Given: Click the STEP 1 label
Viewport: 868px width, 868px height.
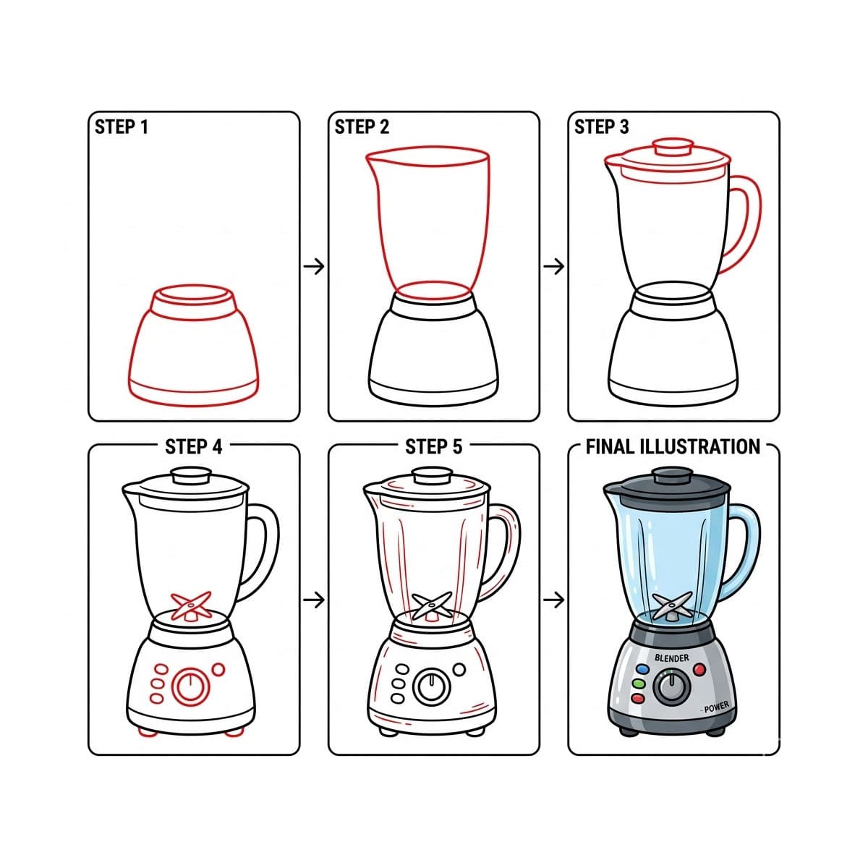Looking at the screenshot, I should pos(122,127).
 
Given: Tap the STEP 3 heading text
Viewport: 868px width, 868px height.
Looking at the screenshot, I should pos(601,127).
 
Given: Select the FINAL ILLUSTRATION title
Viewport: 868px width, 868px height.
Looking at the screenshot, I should pos(673,447).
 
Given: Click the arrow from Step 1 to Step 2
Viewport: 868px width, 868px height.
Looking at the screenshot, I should pos(314,267).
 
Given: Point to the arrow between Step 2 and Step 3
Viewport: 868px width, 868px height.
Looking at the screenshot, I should pos(553,267).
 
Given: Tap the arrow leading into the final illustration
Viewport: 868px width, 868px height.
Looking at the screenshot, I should pos(553,600).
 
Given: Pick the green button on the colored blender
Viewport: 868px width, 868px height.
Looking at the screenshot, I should pos(639,684).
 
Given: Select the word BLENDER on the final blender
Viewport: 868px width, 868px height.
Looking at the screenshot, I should pos(671,658).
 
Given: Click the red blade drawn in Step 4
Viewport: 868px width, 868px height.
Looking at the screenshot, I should pos(191,605).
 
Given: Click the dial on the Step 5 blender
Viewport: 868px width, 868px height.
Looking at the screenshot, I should pos(432,686).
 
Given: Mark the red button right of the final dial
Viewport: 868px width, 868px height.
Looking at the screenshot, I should pos(699,670).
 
